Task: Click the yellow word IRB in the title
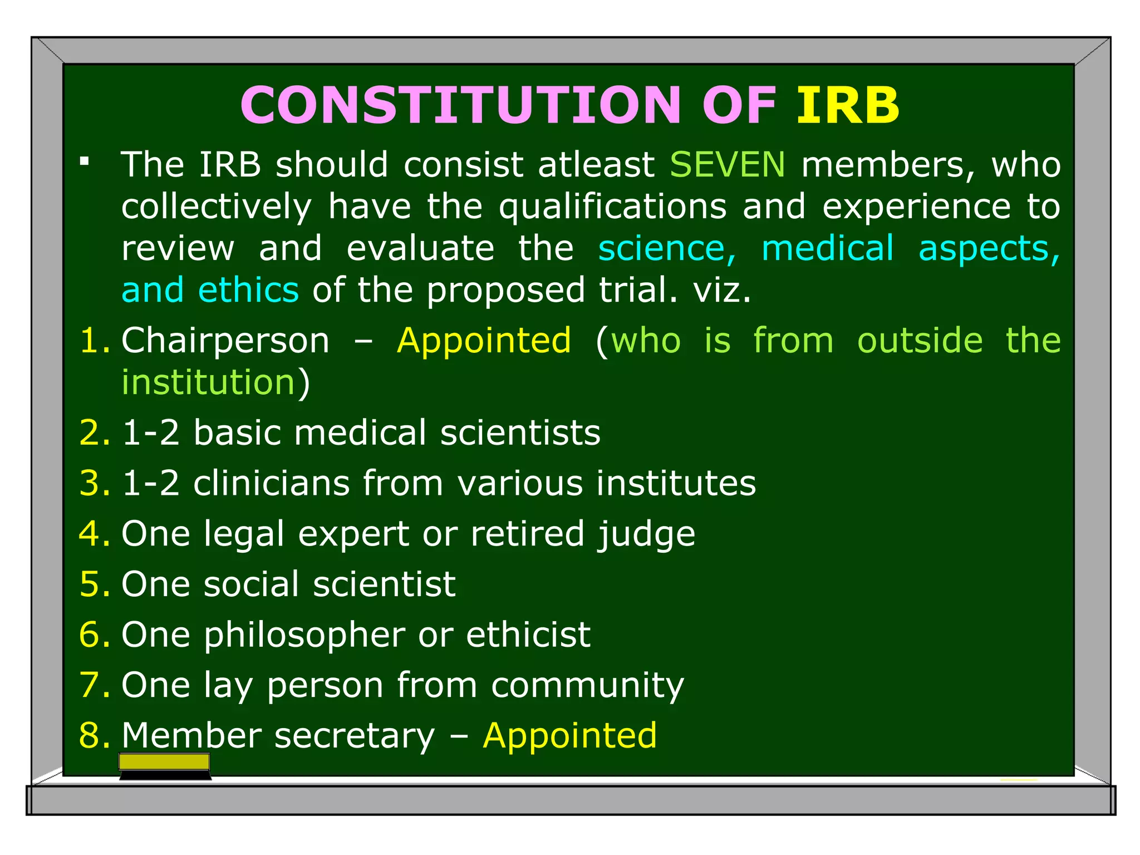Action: (x=847, y=106)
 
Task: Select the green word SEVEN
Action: (x=727, y=165)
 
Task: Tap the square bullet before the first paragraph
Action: (x=85, y=162)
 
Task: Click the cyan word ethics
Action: (x=248, y=291)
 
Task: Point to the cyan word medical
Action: (x=827, y=248)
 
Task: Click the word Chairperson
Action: (x=225, y=341)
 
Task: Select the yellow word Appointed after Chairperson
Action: (x=484, y=341)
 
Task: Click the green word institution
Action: (x=208, y=382)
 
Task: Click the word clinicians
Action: (x=271, y=483)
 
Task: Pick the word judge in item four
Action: (x=646, y=534)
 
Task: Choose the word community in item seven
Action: (x=587, y=686)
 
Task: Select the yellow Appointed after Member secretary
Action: (x=569, y=736)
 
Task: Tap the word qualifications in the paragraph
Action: (x=612, y=207)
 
